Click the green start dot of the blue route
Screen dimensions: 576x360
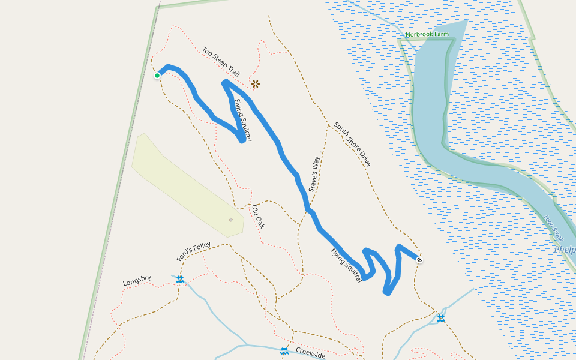[x=157, y=76]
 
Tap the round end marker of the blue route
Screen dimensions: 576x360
[x=419, y=260]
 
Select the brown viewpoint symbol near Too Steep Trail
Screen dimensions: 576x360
[x=256, y=84]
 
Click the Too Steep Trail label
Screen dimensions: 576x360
[x=221, y=62]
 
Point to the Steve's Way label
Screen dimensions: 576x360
[x=314, y=174]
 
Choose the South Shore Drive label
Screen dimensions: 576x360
[x=352, y=144]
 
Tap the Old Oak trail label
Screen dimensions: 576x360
[x=257, y=216]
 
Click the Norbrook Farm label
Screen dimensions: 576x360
[x=427, y=34]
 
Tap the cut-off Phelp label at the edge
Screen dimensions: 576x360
[x=565, y=250]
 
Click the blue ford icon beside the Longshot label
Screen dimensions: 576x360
[x=179, y=279]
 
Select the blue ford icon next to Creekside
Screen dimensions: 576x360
[x=284, y=350]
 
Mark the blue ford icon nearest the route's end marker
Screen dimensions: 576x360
[x=441, y=317]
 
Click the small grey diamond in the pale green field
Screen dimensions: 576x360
[x=230, y=220]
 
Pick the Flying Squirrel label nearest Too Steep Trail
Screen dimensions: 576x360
[x=242, y=120]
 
